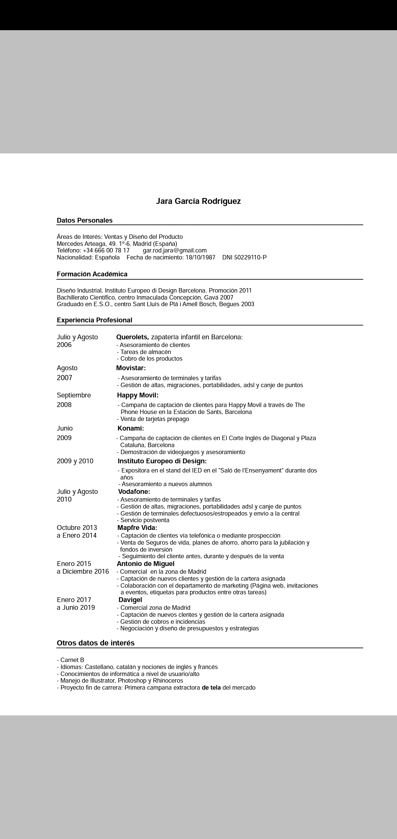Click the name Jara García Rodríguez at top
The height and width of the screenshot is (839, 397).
click(198, 201)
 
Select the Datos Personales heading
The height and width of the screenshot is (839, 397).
click(85, 220)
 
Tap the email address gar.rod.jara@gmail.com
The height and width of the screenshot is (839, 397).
click(175, 251)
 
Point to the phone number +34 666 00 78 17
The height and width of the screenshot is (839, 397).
click(106, 251)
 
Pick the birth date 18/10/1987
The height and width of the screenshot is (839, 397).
click(200, 258)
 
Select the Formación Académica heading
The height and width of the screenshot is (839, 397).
click(92, 274)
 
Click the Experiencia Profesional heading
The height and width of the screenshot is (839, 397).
click(94, 320)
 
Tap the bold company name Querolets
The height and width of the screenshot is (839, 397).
click(132, 337)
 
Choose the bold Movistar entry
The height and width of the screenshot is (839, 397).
click(131, 368)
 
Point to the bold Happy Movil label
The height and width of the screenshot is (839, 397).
click(137, 395)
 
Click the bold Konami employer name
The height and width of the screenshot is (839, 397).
click(130, 428)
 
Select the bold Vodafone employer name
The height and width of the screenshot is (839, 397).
click(134, 492)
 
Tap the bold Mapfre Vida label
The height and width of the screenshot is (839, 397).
click(137, 528)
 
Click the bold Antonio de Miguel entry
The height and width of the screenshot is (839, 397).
click(146, 564)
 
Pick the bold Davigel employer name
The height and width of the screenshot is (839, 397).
click(130, 600)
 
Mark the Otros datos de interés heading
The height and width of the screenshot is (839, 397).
click(96, 643)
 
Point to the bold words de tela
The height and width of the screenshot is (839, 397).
click(211, 687)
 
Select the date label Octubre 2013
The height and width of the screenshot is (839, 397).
click(77, 528)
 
